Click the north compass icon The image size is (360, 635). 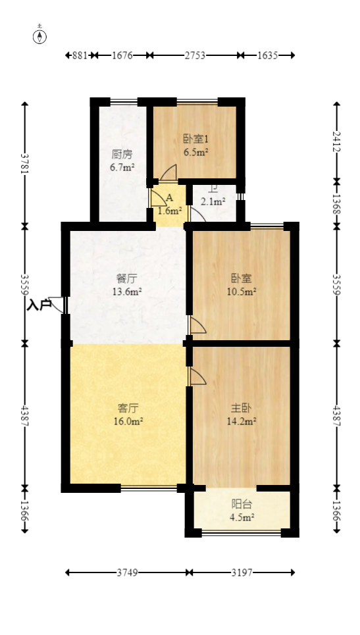pos(41,36)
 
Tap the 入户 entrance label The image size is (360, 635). pos(39,305)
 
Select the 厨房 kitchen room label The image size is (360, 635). pos(122,155)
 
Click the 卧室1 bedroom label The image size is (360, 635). pos(195,139)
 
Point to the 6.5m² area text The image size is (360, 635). pos(195,152)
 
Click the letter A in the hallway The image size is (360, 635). pos(169,198)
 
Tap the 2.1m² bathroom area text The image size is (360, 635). pos(213,202)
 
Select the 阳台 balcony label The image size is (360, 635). pos(242,504)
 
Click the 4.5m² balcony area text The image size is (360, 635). pos(242,517)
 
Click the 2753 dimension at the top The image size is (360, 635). pos(195,56)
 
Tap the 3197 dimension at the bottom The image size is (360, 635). pos(242,573)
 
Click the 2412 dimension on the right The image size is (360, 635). pos(337,141)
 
